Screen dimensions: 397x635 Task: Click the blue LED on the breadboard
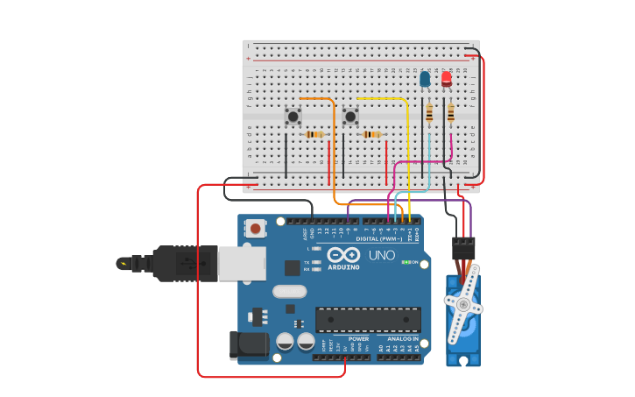coord(425,80)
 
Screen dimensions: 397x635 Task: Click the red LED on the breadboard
coord(447,79)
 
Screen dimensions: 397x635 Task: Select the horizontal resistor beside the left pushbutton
coord(314,134)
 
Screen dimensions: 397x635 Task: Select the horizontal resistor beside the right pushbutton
coord(372,134)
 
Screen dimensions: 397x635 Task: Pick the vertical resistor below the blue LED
coord(429,113)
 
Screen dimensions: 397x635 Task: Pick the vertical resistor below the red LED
coord(451,113)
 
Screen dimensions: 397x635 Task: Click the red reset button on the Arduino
coord(255,229)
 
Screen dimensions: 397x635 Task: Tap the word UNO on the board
coord(381,255)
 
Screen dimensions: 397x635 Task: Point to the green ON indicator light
coord(405,262)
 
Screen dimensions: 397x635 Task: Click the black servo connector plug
coord(463,247)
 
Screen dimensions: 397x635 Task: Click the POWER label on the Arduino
coord(358,338)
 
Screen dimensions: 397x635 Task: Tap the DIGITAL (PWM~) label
coord(378,238)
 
